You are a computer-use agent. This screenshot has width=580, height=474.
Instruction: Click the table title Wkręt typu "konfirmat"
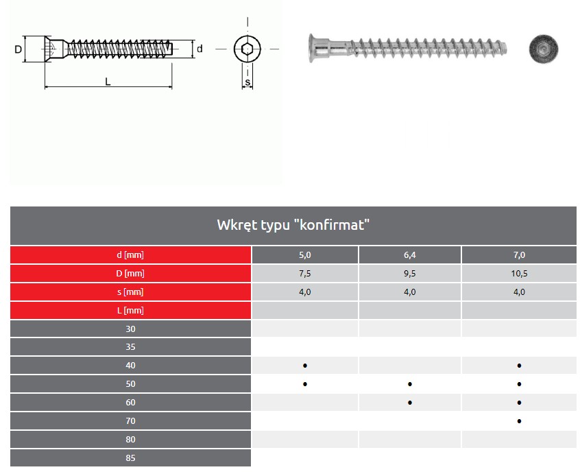pos(293,225)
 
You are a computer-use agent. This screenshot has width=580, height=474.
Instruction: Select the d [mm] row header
pos(130,255)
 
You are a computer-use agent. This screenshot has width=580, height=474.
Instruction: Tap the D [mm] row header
pos(130,274)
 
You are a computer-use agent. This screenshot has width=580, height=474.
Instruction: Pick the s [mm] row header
pos(130,292)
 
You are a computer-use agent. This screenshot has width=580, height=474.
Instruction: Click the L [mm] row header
pos(130,311)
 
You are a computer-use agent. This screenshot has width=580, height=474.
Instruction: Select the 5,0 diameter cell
pos(305,255)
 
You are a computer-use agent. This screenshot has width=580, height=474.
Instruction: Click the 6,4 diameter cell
pos(410,255)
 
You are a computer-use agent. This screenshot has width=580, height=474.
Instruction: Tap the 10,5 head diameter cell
pos(519,274)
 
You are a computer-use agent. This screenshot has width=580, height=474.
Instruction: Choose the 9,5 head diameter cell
pos(410,274)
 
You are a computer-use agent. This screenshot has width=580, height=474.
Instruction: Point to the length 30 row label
pos(130,329)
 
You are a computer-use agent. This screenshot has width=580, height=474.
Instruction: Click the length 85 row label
pos(130,458)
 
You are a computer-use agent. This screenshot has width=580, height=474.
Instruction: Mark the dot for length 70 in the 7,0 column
pos(520,420)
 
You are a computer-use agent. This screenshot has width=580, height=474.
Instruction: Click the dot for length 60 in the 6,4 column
pos(410,403)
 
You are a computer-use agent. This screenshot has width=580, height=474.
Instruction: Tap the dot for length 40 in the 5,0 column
pos(305,366)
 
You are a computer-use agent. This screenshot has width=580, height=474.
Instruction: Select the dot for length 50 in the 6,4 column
pos(410,384)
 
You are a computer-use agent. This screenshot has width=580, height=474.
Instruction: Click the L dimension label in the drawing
pos(108,82)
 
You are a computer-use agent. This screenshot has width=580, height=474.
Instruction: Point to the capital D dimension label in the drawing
pos(18,49)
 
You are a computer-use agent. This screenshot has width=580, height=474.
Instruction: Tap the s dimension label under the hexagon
pos(247,83)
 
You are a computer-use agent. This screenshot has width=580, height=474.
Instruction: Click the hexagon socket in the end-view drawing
pos(247,49)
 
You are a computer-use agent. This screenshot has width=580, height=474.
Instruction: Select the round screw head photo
pos(543,49)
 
